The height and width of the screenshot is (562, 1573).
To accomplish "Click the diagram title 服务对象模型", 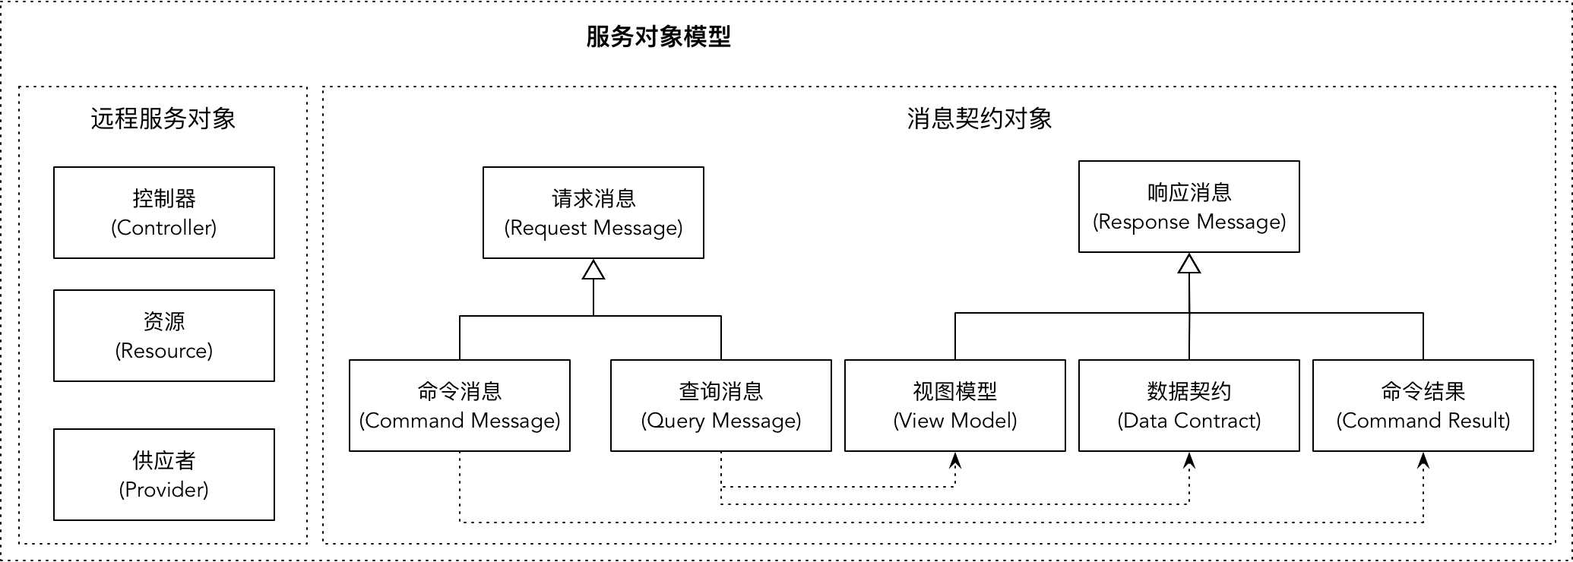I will point(658,36).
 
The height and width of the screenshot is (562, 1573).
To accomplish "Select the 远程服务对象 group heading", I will point(163,118).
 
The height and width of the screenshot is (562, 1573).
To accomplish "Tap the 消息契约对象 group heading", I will point(979,118).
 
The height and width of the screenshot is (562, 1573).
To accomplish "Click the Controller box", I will point(164,213).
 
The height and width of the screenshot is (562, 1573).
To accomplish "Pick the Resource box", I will point(164,336).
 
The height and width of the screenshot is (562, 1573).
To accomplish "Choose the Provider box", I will point(164,475).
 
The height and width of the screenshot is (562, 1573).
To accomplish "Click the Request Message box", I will point(593,213).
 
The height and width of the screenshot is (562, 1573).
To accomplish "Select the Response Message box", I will point(1189,207).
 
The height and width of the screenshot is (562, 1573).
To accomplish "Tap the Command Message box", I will point(460,406).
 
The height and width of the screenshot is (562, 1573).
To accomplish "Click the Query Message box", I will point(721,406).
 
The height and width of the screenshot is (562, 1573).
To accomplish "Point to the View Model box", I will point(955,406).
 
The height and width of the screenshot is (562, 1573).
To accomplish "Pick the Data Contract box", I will point(1189,406).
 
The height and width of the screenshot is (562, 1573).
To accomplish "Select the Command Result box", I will point(1423,406).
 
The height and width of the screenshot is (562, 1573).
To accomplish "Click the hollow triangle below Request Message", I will point(593,270).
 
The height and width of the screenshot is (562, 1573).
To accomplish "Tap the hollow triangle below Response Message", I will point(1189,264).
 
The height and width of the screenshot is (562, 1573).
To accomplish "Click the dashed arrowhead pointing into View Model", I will point(955,460).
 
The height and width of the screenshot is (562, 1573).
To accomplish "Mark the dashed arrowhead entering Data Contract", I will point(1189,460).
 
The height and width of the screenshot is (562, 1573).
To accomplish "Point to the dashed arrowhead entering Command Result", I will point(1423,460).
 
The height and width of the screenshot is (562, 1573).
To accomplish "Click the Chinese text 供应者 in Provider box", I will point(164,460).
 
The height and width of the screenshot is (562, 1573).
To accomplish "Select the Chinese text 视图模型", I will point(955,391).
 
